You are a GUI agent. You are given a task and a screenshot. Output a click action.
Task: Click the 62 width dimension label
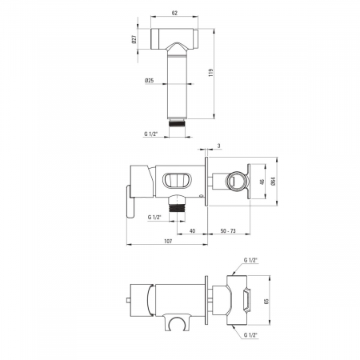tap(174, 13)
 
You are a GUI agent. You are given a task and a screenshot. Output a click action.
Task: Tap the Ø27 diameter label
tap(134, 39)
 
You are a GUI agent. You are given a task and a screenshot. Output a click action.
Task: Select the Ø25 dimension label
tap(150, 80)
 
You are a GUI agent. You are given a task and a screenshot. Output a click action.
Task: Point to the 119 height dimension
tap(211, 73)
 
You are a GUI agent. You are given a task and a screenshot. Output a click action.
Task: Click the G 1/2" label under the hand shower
tap(151, 134)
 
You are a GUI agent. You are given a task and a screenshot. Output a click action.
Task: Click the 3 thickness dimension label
tap(219, 146)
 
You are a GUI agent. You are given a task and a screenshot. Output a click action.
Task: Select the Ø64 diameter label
tap(273, 182)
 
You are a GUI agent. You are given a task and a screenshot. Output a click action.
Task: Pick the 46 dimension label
tap(262, 182)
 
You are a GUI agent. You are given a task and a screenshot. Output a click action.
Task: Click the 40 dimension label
tap(192, 230)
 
